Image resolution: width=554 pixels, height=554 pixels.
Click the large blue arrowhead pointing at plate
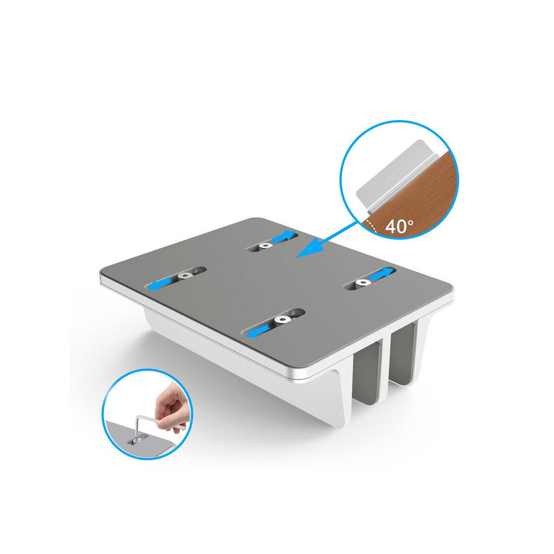(x=306, y=249)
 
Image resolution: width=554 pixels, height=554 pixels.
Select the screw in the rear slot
(x=266, y=245)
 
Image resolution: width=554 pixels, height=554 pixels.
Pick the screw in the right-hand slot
(x=363, y=283)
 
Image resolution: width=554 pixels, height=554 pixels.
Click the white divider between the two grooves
(x=386, y=360)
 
